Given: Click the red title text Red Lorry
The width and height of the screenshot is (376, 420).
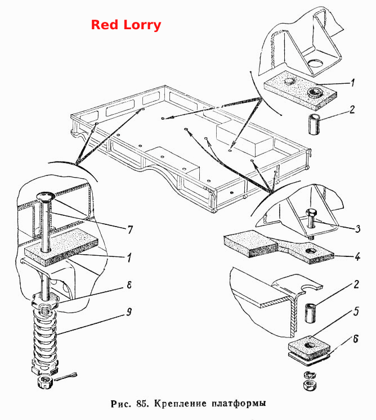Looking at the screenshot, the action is point(126,25).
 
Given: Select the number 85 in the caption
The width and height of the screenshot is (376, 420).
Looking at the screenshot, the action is point(142,403).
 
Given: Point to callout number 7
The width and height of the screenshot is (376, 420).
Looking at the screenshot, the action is point(130,229).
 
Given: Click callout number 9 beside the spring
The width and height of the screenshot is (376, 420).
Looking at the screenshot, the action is point(129,312).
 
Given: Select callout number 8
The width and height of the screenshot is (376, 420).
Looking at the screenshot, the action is point(129,285).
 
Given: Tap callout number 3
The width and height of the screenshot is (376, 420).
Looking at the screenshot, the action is point(358,229).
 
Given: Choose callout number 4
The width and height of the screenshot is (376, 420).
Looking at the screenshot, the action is point(357,257).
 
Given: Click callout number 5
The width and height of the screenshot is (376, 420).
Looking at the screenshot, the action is point(356,311).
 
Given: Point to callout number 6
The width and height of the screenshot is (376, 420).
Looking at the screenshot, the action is point(356,339).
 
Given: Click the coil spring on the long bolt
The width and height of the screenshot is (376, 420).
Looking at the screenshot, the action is point(45,340).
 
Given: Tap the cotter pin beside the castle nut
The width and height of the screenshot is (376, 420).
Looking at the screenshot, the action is point(66,377).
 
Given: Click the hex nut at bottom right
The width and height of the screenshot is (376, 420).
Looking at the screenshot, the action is point(310,385).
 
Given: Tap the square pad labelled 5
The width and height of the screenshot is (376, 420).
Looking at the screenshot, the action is point(309,347).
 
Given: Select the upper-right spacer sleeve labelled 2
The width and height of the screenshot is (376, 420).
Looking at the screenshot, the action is point(314,124).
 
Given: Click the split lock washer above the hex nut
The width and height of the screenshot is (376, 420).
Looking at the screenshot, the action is point(310,374).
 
